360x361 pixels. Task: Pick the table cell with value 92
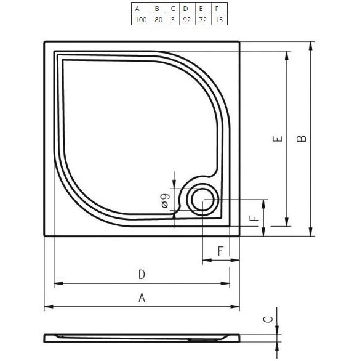pos(185,20)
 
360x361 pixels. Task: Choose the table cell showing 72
pos(202,20)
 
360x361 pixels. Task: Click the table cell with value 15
pos(218,20)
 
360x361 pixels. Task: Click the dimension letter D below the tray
pos(141,274)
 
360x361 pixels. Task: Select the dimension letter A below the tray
pos(142,298)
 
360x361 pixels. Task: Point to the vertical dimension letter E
pos(278,140)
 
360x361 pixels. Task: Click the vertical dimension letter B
pos(301,139)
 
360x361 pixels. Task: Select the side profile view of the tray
pos(142,338)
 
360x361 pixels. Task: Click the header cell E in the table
pos(202,9)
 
